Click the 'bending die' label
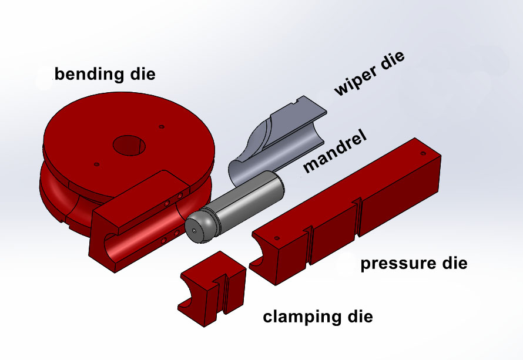pos(105,74)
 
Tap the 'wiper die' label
pos(368,73)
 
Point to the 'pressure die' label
pos(414,263)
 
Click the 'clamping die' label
pos(317,317)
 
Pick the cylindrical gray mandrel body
pos(247,200)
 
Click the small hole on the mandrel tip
pos(195,232)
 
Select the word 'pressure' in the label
pos(395,263)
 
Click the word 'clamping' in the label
pos(299,318)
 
